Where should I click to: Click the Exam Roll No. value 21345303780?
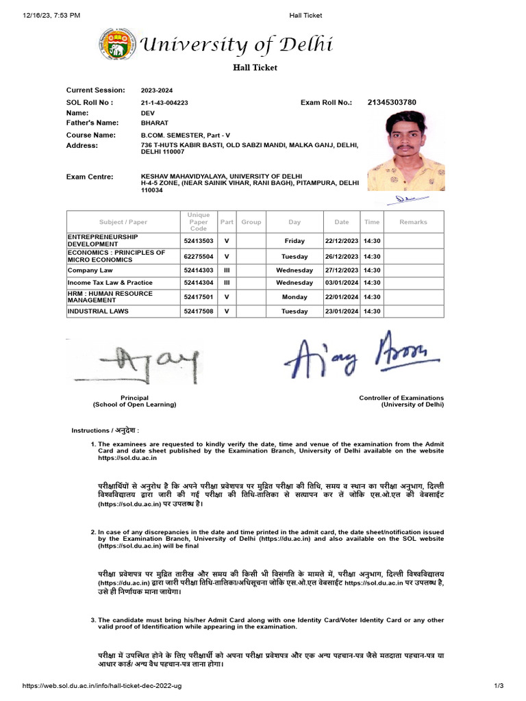(x=391, y=103)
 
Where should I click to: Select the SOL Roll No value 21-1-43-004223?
(x=164, y=103)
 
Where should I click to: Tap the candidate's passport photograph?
(x=405, y=151)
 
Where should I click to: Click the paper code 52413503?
(x=199, y=241)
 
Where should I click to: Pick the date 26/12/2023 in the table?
(x=342, y=257)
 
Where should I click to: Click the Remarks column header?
(x=413, y=222)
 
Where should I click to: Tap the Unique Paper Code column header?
(x=199, y=222)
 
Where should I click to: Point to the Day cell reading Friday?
(x=295, y=241)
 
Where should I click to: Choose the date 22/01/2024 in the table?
(x=342, y=298)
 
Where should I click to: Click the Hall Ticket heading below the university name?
(x=254, y=68)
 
